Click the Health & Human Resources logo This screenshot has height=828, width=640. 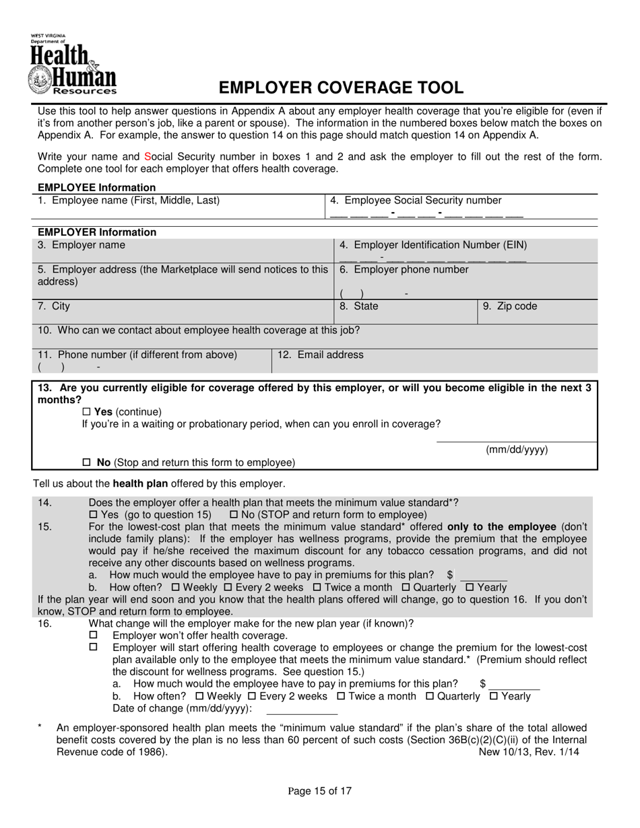pyautogui.click(x=73, y=65)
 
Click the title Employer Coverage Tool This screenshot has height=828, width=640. pyautogui.click(x=341, y=88)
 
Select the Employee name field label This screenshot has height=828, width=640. pyautogui.click(x=129, y=201)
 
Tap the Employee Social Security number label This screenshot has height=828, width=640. pyautogui.click(x=416, y=201)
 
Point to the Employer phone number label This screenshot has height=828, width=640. pyautogui.click(x=404, y=270)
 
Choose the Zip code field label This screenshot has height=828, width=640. pyautogui.click(x=510, y=306)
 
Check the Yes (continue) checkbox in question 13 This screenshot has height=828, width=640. pyautogui.click(x=86, y=412)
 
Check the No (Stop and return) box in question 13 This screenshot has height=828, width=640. pyautogui.click(x=86, y=463)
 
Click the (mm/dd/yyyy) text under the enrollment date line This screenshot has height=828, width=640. pyautogui.click(x=517, y=450)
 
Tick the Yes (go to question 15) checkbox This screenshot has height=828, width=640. pyautogui.click(x=94, y=515)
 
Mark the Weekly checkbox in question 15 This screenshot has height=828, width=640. pyautogui.click(x=176, y=587)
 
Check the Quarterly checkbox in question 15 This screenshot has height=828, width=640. pyautogui.click(x=406, y=587)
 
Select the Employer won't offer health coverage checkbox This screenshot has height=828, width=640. pyautogui.click(x=94, y=635)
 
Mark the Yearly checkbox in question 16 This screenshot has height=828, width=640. pyautogui.click(x=493, y=696)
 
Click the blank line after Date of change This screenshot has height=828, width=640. pyautogui.click(x=302, y=710)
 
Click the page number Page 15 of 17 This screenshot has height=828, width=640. pyautogui.click(x=320, y=792)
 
